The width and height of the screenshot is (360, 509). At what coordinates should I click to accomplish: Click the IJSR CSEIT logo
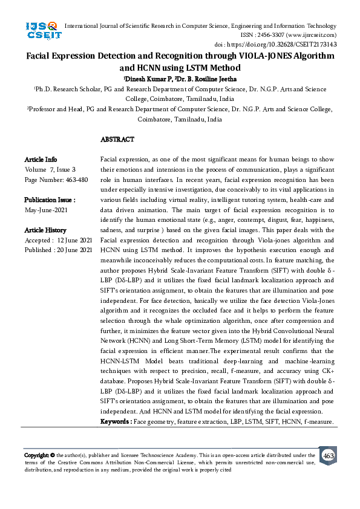click(x=42, y=30)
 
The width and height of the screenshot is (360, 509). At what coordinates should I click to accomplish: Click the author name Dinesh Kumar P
click(x=146, y=79)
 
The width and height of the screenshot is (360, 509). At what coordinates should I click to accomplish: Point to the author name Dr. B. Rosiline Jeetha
click(x=198, y=79)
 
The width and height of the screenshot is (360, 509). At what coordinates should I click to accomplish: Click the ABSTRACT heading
click(x=117, y=140)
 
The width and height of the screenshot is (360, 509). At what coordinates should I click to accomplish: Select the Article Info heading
click(x=41, y=160)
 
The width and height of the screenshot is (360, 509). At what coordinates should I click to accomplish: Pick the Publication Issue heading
click(x=50, y=199)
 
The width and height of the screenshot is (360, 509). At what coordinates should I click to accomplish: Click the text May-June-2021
click(x=46, y=210)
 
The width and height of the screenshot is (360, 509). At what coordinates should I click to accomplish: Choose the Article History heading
click(x=45, y=230)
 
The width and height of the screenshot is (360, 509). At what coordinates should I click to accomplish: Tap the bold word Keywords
click(x=115, y=420)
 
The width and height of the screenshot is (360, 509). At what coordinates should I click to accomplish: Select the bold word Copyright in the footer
click(x=36, y=455)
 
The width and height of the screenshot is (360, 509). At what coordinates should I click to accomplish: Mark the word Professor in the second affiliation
click(x=45, y=109)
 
